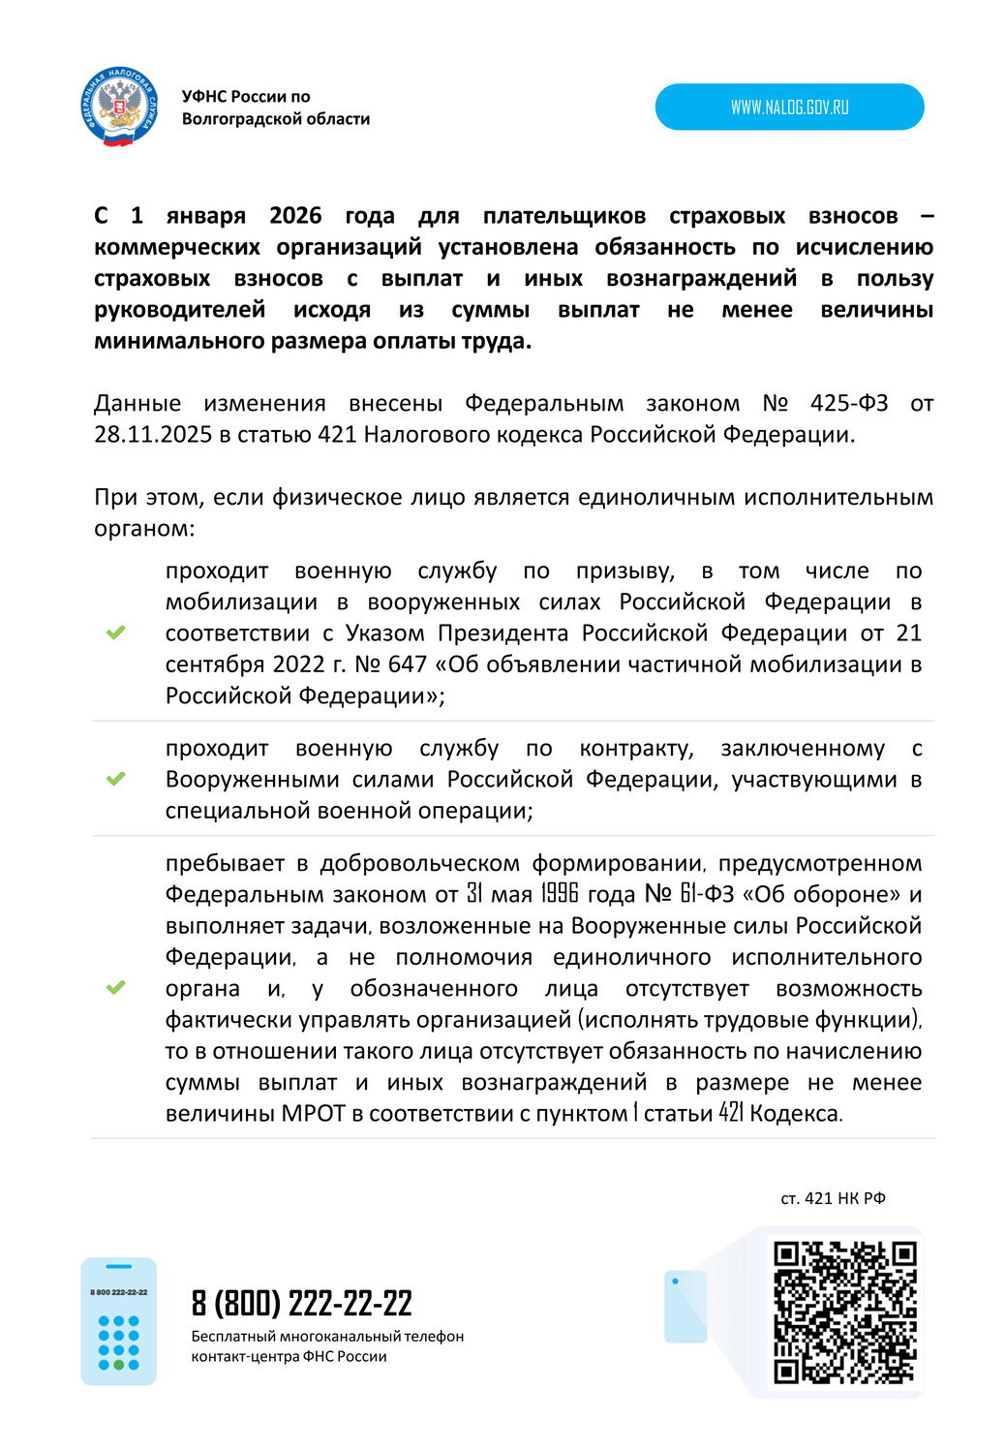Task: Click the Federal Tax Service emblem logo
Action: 119,107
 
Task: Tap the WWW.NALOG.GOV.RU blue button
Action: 789,107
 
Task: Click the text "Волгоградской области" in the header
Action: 276,119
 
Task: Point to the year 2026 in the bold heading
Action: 295,215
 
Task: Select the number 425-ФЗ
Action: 849,403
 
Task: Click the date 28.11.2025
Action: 153,435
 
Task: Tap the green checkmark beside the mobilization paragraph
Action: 116,633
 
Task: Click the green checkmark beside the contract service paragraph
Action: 116,779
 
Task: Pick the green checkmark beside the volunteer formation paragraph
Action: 116,988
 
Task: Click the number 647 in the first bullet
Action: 408,664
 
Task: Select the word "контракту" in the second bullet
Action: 636,749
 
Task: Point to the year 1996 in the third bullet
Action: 560,894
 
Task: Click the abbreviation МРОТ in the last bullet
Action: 313,1114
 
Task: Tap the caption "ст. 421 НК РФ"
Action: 833,1198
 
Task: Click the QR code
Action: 844,1312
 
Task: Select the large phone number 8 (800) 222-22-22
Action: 302,1304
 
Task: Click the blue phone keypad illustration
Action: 118,1321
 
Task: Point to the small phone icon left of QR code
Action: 685,1306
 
